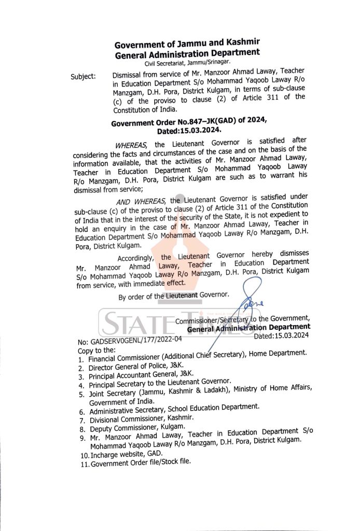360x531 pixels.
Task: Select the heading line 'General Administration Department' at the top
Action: pos(187,53)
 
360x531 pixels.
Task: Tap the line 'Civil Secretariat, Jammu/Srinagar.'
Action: pos(187,63)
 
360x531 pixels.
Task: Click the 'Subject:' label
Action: pos(83,77)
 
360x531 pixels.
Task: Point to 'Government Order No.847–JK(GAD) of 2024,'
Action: pos(189,122)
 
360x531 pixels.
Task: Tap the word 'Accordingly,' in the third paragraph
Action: pos(136,258)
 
